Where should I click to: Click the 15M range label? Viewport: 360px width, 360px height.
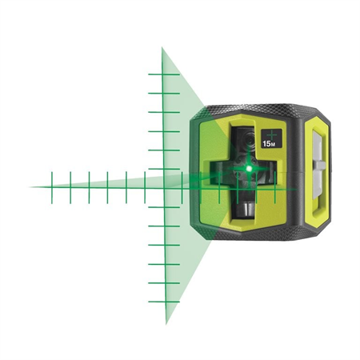(271, 145)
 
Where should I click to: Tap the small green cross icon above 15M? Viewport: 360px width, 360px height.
(271, 132)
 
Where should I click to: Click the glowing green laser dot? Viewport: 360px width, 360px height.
(251, 169)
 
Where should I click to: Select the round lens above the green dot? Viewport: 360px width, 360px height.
(246, 143)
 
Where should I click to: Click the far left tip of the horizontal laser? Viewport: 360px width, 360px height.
(30, 187)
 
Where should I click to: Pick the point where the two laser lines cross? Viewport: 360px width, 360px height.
(164, 187)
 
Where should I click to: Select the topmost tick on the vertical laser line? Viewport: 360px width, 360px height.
(164, 75)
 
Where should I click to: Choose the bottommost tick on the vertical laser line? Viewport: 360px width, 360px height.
(164, 302)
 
